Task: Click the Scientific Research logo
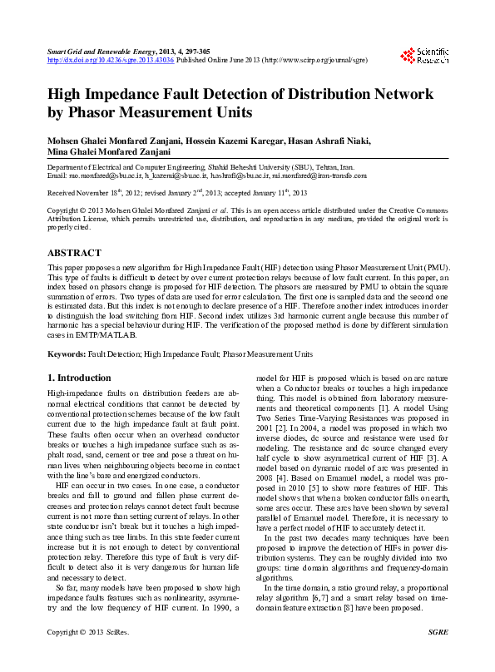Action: click(424, 56)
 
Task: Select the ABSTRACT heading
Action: click(74, 253)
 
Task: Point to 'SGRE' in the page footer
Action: click(438, 656)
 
